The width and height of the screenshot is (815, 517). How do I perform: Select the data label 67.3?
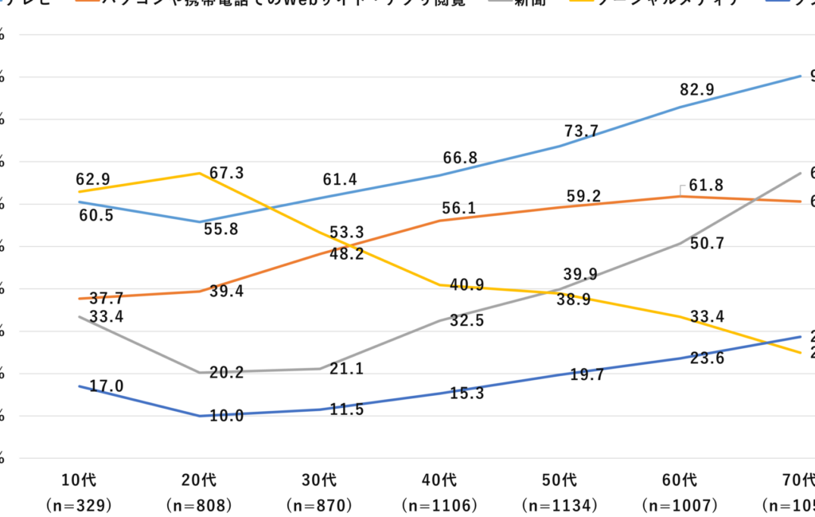[x=227, y=173]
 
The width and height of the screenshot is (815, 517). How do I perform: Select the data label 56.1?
[x=459, y=208]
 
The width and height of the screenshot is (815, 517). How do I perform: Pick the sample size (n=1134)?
[x=560, y=505]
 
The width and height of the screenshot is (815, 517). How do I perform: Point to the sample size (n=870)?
[x=319, y=505]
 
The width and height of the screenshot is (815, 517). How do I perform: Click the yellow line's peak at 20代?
[x=199, y=173]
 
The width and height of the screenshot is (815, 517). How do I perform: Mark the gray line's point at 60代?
[x=680, y=243]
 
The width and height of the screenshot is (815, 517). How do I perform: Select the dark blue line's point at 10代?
[x=80, y=386]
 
